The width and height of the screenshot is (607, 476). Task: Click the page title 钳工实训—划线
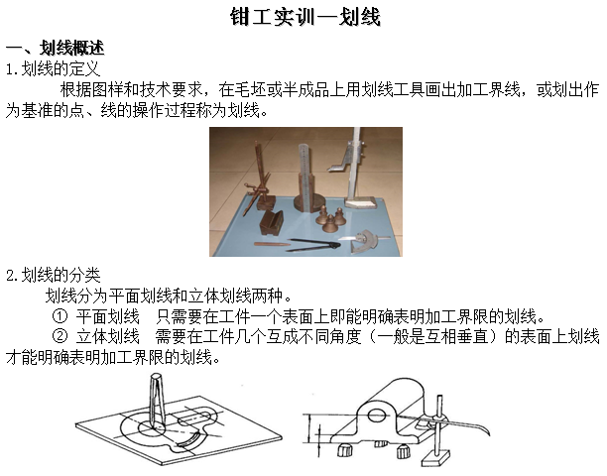pos(305,17)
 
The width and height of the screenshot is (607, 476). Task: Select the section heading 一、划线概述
pos(55,48)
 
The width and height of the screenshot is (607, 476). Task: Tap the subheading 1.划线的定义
pos(53,68)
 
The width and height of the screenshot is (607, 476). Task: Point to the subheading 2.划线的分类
pos(53,275)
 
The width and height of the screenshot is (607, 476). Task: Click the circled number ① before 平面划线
pos(60,316)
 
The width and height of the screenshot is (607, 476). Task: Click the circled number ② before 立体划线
pos(60,337)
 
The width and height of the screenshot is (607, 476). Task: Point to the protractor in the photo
pos(365,241)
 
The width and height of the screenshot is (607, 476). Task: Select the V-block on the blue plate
pos(272,222)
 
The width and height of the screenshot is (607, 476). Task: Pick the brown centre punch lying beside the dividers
pos(273,245)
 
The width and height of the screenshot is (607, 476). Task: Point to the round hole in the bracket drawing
pos(376,416)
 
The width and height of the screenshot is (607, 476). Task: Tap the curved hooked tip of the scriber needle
pos(485,428)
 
